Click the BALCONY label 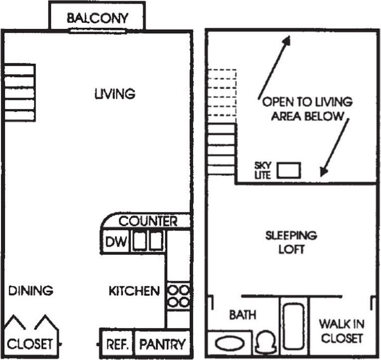[x=98, y=18]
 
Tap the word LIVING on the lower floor [x=115, y=93]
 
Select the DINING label [x=31, y=290]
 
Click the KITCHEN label [x=134, y=291]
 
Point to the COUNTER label [x=148, y=221]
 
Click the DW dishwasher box [x=117, y=242]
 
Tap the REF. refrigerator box [x=118, y=344]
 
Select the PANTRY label [x=162, y=344]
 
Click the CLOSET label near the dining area [x=30, y=344]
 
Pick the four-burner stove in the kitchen [x=178, y=295]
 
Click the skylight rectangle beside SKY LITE [x=289, y=170]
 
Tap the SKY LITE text [x=262, y=170]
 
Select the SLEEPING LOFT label [x=291, y=242]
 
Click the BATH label [x=243, y=315]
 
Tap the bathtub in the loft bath [x=294, y=326]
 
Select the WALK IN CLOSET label [x=341, y=331]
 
